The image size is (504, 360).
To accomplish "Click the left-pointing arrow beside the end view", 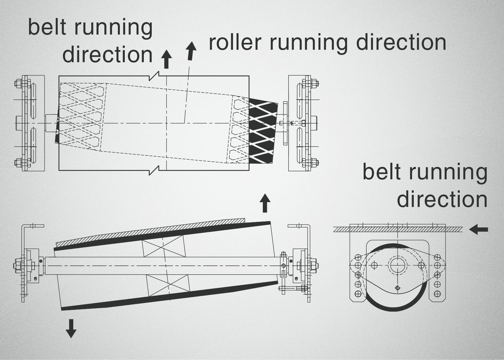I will click(x=479, y=229).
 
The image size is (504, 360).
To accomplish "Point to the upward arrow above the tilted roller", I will click(x=265, y=203).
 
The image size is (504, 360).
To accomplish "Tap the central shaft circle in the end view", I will click(x=398, y=265).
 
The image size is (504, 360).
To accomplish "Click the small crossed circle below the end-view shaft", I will click(x=398, y=287).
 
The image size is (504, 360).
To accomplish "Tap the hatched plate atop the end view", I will click(x=398, y=228).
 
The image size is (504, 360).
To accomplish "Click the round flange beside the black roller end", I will click(x=284, y=123).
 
